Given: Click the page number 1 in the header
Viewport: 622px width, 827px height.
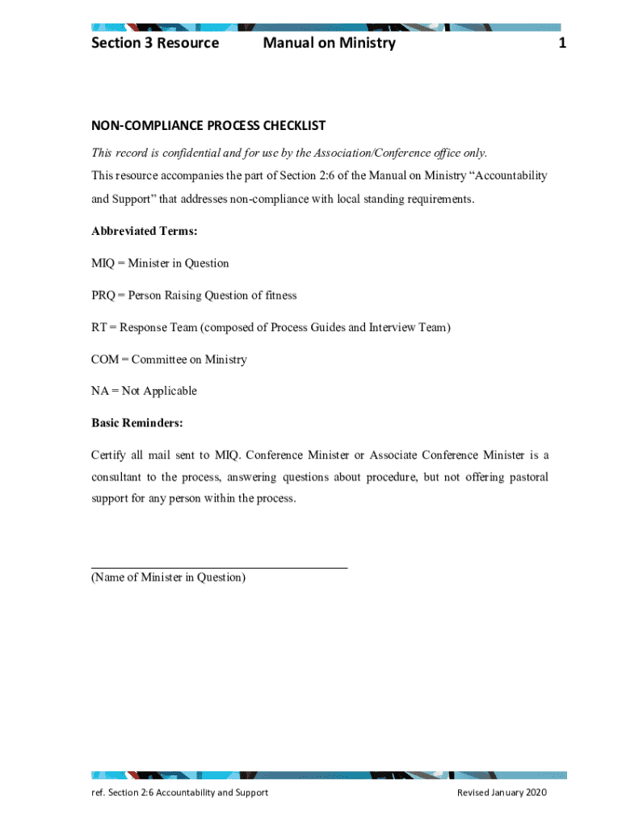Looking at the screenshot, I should pos(561,43).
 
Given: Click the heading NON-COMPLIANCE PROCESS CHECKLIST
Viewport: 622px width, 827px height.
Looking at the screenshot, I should pos(208,125).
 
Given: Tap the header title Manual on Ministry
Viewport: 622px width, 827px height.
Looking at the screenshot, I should pos(329,43).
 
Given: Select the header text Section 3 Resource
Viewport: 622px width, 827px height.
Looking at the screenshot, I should pos(155,43).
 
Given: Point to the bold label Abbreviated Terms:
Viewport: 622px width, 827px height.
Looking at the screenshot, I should pos(145,231).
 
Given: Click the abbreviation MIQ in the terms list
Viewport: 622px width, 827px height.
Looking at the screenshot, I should pos(103,263).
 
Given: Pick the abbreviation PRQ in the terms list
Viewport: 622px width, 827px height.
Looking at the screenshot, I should pos(103,296).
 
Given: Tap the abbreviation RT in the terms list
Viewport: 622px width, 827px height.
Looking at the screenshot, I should pos(99,327).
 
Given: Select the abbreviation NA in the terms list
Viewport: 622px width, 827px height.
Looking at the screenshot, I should pos(99,391).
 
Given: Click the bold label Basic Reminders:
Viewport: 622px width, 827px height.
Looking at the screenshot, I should pos(137,423).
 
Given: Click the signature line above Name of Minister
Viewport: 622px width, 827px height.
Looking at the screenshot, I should pos(219,568).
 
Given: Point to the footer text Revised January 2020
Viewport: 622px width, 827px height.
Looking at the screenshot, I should pos(502,792).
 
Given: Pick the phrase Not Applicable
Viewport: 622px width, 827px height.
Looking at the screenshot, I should pos(159,391).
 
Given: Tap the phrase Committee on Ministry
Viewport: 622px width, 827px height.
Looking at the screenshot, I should pos(189,359).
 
